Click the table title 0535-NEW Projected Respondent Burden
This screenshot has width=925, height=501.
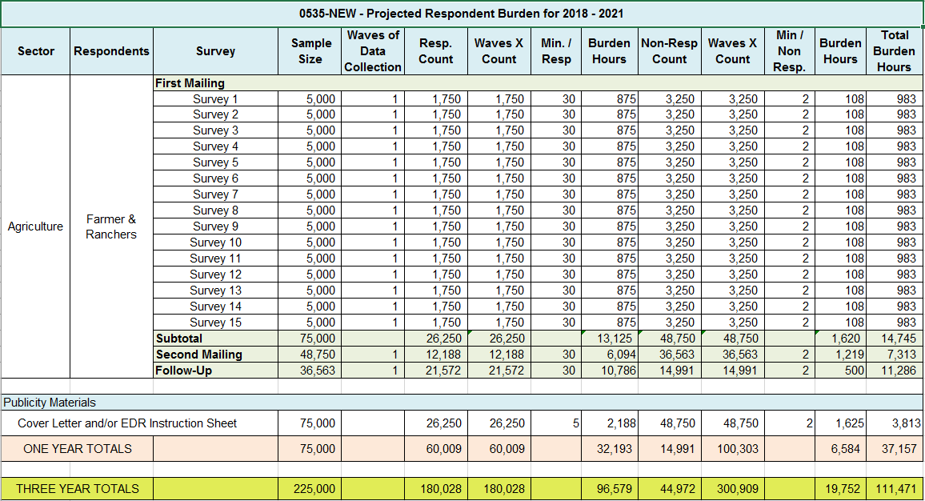(462, 14)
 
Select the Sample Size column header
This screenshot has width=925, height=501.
(310, 51)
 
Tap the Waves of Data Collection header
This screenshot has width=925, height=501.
(372, 51)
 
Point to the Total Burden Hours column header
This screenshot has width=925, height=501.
(894, 51)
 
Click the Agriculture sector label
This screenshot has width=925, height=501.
(35, 226)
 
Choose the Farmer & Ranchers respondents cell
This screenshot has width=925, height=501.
(111, 226)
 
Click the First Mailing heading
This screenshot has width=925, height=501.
(190, 83)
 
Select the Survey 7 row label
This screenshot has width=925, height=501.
(215, 194)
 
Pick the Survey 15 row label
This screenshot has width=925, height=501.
(215, 323)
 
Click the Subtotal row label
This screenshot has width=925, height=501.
(179, 339)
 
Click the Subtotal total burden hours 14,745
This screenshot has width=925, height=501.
(898, 339)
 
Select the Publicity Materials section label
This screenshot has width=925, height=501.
(50, 403)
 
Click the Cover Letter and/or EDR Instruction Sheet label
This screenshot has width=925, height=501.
(127, 423)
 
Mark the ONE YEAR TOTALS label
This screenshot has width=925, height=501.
(78, 449)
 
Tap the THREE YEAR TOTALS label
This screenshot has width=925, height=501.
(78, 488)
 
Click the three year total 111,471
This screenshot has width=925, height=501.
(897, 488)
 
